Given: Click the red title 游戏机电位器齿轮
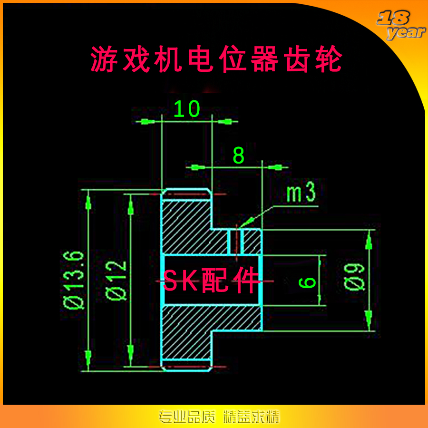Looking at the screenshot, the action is click(x=216, y=60).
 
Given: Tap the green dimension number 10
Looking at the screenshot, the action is click(x=186, y=109).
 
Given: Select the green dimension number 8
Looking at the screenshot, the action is click(x=238, y=156).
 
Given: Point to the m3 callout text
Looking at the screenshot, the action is click(x=301, y=194).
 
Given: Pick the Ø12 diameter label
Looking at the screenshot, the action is click(x=117, y=281).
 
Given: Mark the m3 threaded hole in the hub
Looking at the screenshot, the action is click(x=235, y=241).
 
